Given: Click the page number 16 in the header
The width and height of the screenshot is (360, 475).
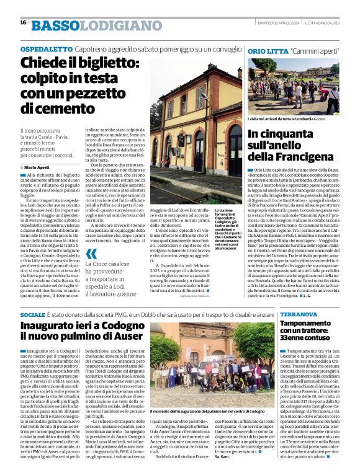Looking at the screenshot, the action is click(22, 23).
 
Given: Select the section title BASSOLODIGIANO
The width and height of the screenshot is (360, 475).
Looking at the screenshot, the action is click(87, 25).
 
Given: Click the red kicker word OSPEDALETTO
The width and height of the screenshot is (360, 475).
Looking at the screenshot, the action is click(47, 49).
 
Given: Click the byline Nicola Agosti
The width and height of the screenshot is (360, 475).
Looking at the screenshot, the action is click(38, 167).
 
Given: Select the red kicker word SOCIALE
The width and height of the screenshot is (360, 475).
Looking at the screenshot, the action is click(33, 316).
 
